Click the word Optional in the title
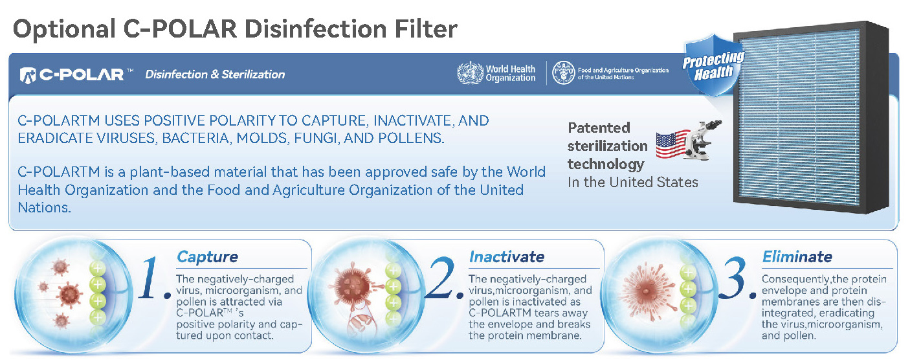click(65, 30)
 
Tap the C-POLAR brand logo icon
click(28, 75)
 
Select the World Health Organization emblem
click(470, 73)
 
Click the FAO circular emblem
click(564, 73)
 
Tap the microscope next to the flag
click(702, 139)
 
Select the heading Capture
click(208, 257)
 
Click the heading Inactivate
click(507, 257)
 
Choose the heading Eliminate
click(797, 257)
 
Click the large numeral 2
click(441, 278)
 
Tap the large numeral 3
click(734, 278)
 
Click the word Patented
click(599, 128)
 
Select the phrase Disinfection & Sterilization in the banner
click(215, 74)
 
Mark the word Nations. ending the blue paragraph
click(44, 208)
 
